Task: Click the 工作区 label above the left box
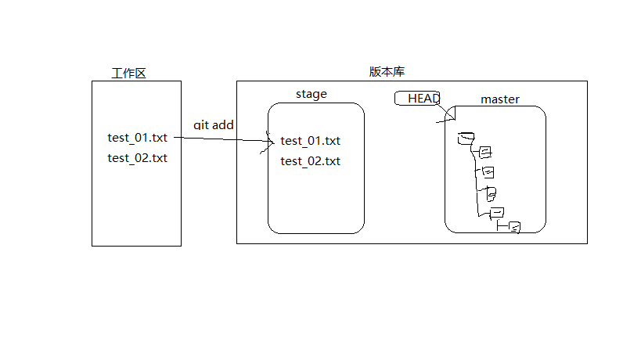[129, 74]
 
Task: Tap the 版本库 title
[387, 71]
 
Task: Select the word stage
[311, 94]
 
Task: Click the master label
[500, 99]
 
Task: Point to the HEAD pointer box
[417, 98]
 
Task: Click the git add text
[214, 125]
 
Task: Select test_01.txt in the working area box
[138, 138]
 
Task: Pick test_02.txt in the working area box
[138, 157]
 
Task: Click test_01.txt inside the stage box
[311, 141]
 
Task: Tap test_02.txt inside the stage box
[311, 161]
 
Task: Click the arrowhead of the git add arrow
[268, 142]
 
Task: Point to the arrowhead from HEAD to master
[450, 117]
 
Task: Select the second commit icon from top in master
[484, 151]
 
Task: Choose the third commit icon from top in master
[488, 172]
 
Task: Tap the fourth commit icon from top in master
[491, 193]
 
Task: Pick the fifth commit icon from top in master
[496, 213]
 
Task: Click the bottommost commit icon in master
[514, 228]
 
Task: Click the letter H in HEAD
[412, 98]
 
